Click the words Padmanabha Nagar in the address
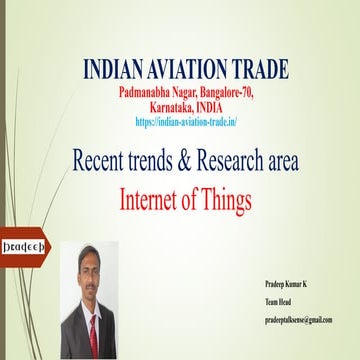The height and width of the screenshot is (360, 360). [151, 92]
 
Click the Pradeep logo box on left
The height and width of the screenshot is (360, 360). [20, 244]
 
